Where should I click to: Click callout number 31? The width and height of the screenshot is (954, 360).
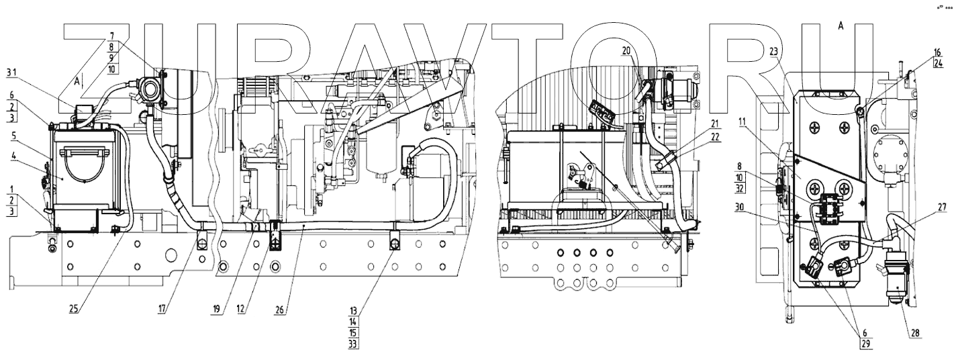[x=12, y=72]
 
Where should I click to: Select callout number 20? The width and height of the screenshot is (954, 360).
[x=626, y=50]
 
